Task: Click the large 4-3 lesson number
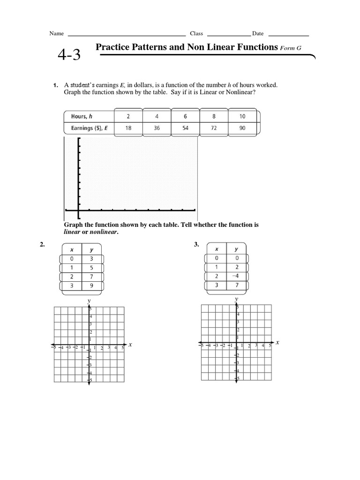[x=69, y=55]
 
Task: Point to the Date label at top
[x=258, y=34]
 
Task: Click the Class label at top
[x=196, y=34]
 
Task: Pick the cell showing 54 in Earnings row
[x=185, y=127]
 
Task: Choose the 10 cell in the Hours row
[x=242, y=116]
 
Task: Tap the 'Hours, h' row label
[x=82, y=116]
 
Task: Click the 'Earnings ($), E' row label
[x=89, y=127]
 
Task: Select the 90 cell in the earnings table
[x=242, y=127]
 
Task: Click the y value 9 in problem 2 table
[x=92, y=285]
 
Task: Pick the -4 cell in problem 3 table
[x=236, y=276]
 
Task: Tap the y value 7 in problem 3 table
[x=236, y=285]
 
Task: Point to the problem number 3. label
[x=196, y=244]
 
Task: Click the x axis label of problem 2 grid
[x=130, y=345]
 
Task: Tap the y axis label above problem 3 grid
[x=236, y=298]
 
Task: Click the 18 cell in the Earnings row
[x=128, y=127]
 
